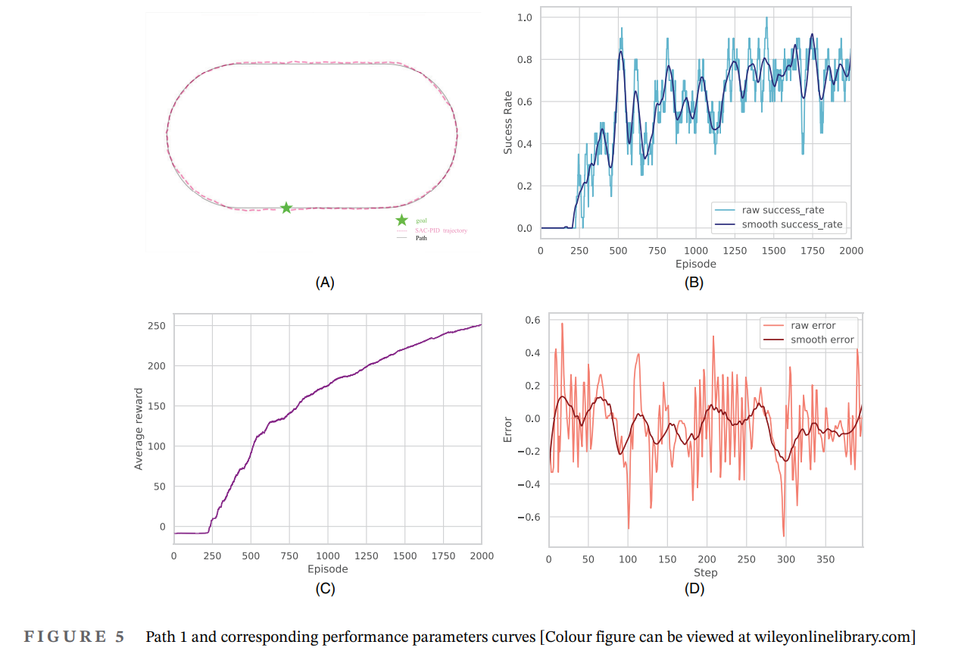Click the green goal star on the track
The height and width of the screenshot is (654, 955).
click(x=286, y=208)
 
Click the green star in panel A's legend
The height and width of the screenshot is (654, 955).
click(x=401, y=220)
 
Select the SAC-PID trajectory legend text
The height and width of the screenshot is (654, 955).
click(x=442, y=230)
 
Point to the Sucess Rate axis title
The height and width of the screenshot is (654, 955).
click(x=508, y=122)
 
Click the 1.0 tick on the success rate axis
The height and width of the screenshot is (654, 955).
click(x=524, y=17)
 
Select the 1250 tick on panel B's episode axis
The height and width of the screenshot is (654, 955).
click(x=735, y=251)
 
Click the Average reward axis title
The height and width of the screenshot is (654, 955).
click(x=139, y=429)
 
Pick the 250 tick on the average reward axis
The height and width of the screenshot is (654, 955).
click(x=157, y=326)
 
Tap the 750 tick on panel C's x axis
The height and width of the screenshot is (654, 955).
click(x=289, y=556)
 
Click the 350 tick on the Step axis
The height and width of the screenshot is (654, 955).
click(x=826, y=560)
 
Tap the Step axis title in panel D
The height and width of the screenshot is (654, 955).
click(x=705, y=573)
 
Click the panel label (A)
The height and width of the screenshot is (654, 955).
click(x=324, y=283)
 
